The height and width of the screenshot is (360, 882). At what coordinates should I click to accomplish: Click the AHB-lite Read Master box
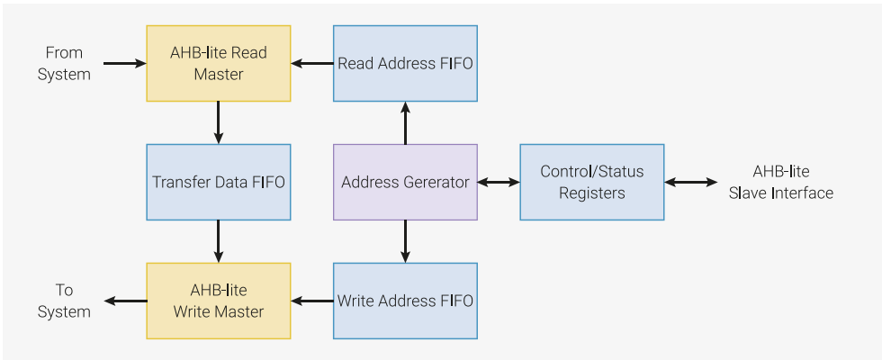click(219, 63)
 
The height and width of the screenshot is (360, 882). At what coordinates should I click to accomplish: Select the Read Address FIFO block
click(405, 63)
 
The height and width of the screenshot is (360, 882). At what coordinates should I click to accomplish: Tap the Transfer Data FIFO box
click(219, 182)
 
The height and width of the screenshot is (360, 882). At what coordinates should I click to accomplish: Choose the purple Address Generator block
click(405, 182)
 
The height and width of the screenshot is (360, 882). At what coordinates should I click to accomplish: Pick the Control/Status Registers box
click(592, 182)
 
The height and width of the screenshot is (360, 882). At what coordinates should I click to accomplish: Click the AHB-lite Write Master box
click(219, 301)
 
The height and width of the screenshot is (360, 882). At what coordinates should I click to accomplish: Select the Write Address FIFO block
click(405, 301)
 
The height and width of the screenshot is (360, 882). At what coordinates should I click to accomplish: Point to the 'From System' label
click(64, 63)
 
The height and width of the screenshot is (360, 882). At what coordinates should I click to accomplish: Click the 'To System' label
click(64, 301)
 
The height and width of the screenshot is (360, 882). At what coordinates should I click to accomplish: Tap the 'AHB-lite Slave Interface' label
click(780, 182)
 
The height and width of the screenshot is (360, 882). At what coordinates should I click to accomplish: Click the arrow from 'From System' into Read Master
click(124, 63)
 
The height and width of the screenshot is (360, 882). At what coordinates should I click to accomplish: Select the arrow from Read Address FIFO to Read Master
click(311, 63)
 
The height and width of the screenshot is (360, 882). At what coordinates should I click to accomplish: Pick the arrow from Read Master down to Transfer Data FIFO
click(219, 122)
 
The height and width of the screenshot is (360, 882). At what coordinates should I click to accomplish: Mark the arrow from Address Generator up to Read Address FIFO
click(405, 122)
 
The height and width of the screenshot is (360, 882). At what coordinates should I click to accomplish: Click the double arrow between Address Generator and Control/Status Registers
click(499, 182)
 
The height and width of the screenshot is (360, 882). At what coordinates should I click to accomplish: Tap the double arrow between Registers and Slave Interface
click(691, 182)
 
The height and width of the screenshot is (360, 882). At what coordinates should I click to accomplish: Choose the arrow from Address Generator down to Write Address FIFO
click(405, 241)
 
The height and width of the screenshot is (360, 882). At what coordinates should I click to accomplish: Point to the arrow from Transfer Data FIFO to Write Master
click(219, 241)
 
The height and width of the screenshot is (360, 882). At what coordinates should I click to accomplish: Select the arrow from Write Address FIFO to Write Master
click(311, 301)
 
